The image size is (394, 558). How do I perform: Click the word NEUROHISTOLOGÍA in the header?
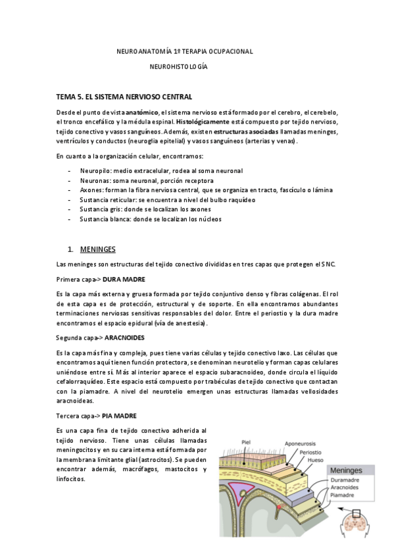pos(178,67)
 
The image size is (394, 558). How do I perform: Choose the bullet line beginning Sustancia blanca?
pos(151,218)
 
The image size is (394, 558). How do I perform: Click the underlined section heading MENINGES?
pos(97,249)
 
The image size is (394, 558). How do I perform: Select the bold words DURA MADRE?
pos(124,279)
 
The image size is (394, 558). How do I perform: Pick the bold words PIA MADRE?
pos(120,415)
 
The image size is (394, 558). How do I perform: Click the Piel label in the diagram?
pos(247,443)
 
